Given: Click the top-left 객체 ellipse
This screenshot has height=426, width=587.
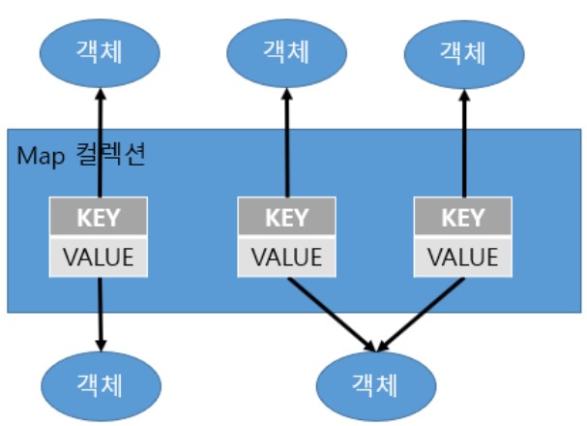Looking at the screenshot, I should (100, 48).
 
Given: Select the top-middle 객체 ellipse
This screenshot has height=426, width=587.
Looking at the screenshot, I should (286, 48).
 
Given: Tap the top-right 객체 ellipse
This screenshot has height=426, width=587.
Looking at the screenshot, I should (462, 48).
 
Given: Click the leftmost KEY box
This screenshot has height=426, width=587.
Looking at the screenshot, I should (100, 217).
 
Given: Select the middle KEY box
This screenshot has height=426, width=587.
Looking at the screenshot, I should (286, 217).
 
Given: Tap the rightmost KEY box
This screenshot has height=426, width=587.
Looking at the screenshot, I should (462, 217).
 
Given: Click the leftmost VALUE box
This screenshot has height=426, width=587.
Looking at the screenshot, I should (100, 257).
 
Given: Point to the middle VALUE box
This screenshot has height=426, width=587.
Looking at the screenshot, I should (286, 257).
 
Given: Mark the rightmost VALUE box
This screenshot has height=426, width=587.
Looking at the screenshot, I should (462, 257).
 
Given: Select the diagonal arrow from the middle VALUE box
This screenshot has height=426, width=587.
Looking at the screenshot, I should (329, 312).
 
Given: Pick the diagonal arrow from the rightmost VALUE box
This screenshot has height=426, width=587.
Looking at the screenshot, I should (421, 312).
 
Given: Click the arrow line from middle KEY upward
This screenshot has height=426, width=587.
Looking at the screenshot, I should (286, 145).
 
